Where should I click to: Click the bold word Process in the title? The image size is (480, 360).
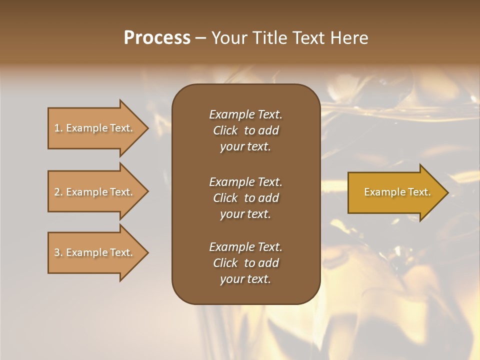157,38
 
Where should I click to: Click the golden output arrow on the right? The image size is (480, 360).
395,192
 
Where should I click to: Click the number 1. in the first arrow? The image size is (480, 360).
58,128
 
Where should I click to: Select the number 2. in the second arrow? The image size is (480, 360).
58,192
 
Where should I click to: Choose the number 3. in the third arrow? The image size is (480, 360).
58,252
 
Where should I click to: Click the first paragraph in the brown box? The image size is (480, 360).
245,130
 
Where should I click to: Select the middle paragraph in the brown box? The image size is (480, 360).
245,198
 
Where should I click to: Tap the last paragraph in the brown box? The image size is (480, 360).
245,263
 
